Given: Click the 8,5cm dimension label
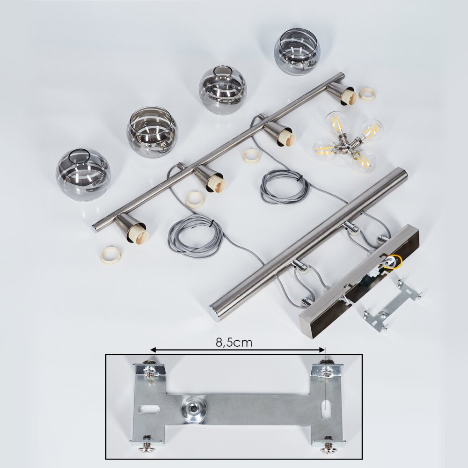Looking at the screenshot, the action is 234,343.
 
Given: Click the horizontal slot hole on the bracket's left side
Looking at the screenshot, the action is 150,408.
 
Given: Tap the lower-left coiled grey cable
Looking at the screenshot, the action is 196,236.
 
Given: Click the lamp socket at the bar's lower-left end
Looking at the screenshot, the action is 132,227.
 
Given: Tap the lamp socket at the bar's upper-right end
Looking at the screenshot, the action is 342,93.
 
